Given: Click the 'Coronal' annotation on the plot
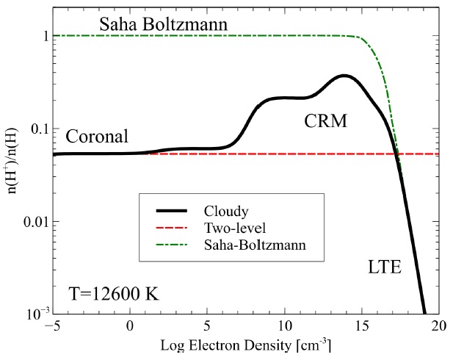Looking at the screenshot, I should coord(97,137).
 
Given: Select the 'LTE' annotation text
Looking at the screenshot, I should coord(384,268).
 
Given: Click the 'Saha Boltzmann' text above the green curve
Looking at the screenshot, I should coord(163,25).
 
